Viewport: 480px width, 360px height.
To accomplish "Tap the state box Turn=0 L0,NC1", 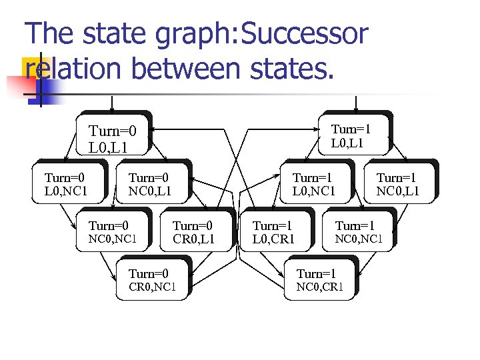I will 69,183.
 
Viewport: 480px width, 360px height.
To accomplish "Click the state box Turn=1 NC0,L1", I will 399,183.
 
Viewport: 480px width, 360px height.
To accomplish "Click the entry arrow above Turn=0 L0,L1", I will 112,103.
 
